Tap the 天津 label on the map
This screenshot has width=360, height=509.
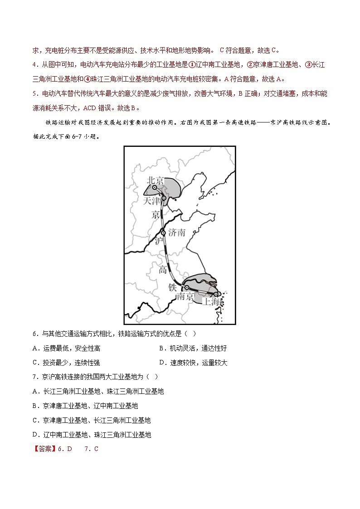pyautogui.click(x=151, y=200)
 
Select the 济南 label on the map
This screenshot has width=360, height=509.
pyautogui.click(x=177, y=233)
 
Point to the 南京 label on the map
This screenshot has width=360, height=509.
pyautogui.click(x=185, y=296)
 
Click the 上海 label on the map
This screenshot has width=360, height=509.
pyautogui.click(x=211, y=301)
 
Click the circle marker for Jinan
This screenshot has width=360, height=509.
pyautogui.click(x=164, y=233)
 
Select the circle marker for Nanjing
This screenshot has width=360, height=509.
pyautogui.click(x=186, y=287)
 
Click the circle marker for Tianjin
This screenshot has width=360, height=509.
pyautogui.click(x=164, y=198)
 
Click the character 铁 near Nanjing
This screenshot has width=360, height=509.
pyautogui.click(x=173, y=287)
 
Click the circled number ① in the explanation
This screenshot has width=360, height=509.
pyautogui.click(x=192, y=65)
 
